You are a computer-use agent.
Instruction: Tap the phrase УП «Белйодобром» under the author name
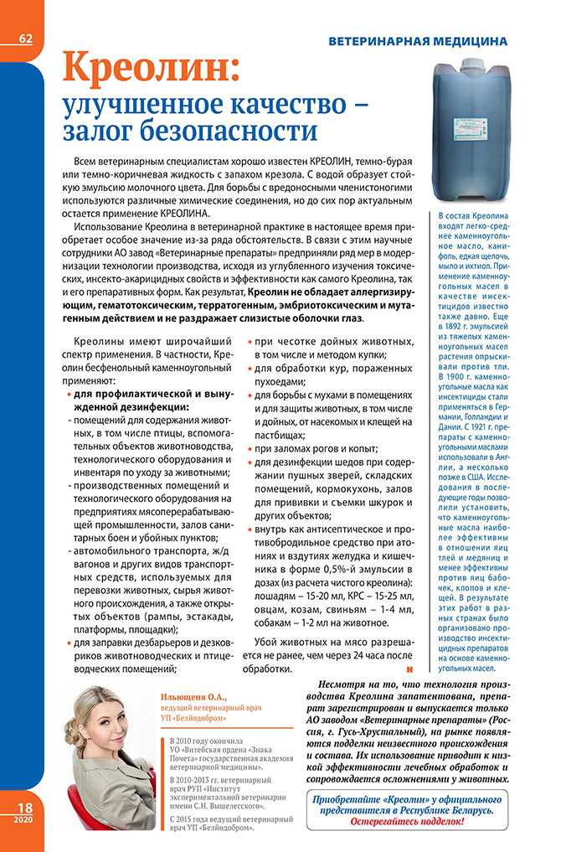coord(193,719)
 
